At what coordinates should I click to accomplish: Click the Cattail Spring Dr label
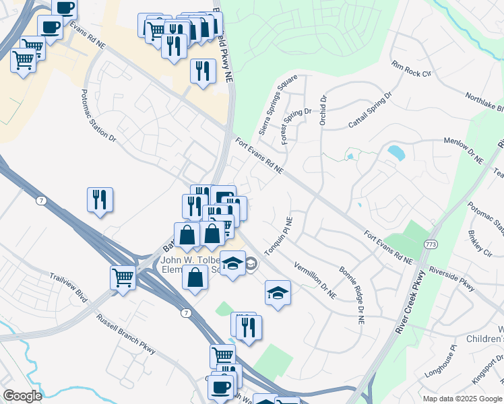370,111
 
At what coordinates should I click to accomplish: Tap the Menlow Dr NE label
464,150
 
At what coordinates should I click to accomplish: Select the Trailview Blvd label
68,288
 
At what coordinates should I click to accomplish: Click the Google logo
22,396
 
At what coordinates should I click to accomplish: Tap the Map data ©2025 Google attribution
462,399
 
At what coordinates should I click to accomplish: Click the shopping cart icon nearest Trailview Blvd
123,277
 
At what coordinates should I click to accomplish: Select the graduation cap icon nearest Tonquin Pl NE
277,293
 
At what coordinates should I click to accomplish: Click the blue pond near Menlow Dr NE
397,152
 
